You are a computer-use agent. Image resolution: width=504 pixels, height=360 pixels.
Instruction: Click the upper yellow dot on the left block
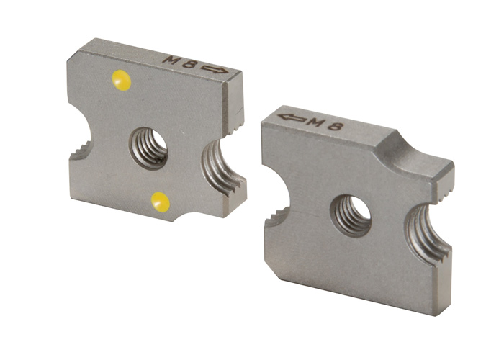click(x=121, y=80)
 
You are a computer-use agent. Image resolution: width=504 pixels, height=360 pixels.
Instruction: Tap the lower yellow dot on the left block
click(x=161, y=202)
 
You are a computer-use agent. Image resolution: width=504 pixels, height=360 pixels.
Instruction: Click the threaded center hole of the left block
click(x=149, y=148)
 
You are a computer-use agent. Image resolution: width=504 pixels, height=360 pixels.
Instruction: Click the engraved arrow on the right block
click(x=292, y=117)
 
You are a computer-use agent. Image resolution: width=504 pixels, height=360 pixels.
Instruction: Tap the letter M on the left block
click(x=171, y=60)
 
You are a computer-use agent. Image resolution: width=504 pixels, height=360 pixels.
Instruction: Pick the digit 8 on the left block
click(x=189, y=64)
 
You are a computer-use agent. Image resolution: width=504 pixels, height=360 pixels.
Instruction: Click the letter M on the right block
click(x=315, y=122)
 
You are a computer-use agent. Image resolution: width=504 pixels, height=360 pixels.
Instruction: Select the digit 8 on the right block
click(x=334, y=126)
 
